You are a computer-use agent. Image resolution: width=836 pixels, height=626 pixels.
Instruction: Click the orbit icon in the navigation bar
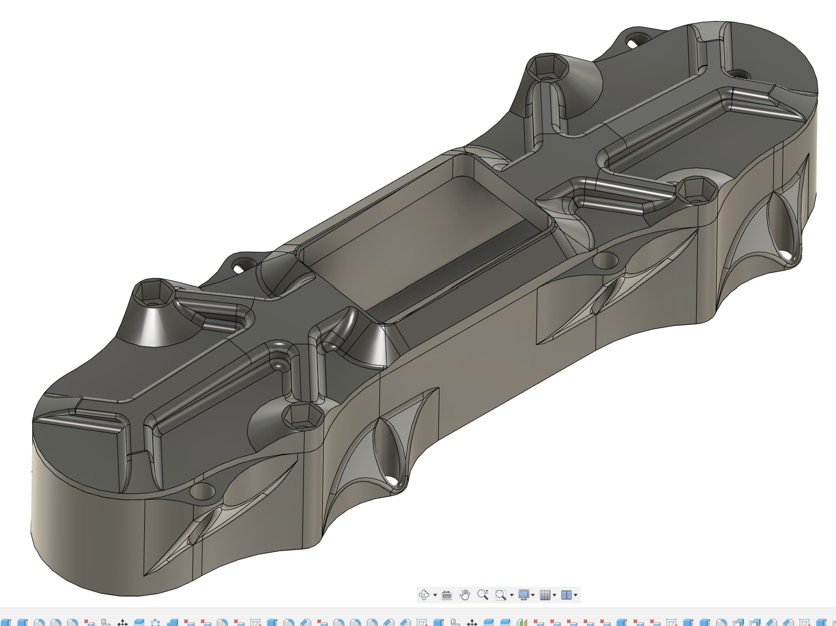coord(424,595)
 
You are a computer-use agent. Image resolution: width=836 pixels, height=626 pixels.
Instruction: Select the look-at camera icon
coord(447,595)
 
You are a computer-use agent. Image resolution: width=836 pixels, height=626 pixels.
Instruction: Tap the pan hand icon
coord(465,595)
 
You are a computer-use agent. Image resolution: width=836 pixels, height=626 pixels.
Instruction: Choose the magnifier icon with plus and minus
coord(483,595)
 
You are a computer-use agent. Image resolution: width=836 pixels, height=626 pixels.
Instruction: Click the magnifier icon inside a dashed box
coord(501,595)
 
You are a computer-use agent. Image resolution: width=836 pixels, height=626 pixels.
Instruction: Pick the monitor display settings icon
coord(523,595)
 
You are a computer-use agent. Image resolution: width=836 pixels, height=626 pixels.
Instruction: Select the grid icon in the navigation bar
coord(545,595)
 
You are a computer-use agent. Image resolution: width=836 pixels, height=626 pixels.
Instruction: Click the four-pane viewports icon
coord(566,595)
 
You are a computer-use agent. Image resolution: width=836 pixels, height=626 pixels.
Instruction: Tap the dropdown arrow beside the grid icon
coord(554,596)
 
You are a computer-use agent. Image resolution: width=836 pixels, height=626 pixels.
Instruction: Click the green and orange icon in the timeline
coord(521,623)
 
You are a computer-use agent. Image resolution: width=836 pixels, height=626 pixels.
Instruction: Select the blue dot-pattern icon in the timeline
coord(156,623)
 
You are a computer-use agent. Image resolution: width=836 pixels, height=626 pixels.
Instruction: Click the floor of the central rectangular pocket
coord(422,244)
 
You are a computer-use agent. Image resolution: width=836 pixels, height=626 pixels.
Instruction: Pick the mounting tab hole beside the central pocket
coord(239,268)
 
